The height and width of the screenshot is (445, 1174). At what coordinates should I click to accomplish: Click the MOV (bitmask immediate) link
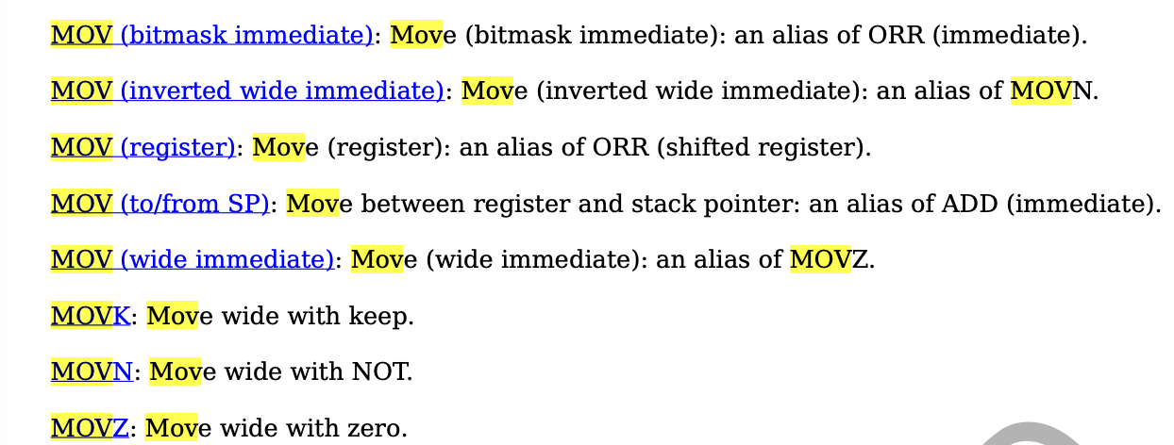point(211,36)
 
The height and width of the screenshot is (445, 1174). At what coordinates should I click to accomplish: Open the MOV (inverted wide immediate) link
point(247,91)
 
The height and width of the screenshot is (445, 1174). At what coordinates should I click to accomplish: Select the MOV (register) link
point(143,147)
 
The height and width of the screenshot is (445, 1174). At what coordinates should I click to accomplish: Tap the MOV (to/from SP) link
point(160,203)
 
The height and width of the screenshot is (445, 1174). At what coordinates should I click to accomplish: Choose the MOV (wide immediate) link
point(193,258)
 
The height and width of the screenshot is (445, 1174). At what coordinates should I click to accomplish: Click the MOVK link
point(91,316)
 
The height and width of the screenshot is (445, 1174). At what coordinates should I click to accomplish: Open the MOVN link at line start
point(92,371)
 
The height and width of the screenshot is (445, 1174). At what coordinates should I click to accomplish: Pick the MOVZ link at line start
point(90,428)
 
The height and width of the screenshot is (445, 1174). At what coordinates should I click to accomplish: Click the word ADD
point(966,203)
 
